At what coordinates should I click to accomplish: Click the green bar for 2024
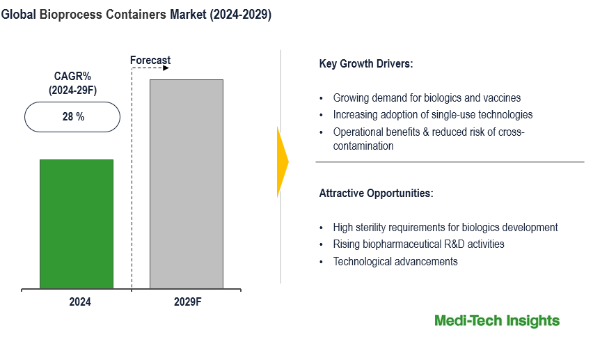tap(76, 224)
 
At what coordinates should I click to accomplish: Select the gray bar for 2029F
tap(187, 184)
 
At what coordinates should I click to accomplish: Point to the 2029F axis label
tap(187, 302)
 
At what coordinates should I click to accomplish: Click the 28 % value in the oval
tap(73, 117)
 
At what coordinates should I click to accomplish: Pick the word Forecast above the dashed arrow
tap(150, 61)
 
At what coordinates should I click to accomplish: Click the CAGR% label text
tap(72, 76)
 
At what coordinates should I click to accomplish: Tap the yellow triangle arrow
tap(282, 162)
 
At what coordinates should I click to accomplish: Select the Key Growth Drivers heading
tap(365, 64)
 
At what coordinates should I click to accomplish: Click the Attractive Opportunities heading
tap(376, 193)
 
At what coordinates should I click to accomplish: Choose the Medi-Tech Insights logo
tap(496, 320)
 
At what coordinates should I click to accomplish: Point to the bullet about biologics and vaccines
tap(426, 98)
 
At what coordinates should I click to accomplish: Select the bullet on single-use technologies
tap(432, 114)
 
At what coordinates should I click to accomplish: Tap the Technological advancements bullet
tap(395, 261)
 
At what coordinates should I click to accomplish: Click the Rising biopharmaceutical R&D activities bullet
tap(418, 244)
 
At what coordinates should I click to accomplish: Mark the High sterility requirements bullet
tap(445, 227)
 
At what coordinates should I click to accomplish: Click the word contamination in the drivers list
tap(363, 146)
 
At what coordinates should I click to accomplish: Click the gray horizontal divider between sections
tap(450, 162)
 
